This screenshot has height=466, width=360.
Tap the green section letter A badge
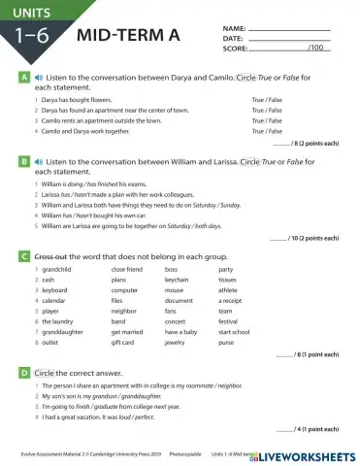[23, 75]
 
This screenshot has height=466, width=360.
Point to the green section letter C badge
[23, 255]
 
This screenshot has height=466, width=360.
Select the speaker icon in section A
[38, 75]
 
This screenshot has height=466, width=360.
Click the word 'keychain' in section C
[178, 279]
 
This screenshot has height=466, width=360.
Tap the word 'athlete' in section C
[228, 289]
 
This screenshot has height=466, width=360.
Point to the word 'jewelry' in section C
[175, 342]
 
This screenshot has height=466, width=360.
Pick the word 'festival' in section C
[228, 320]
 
